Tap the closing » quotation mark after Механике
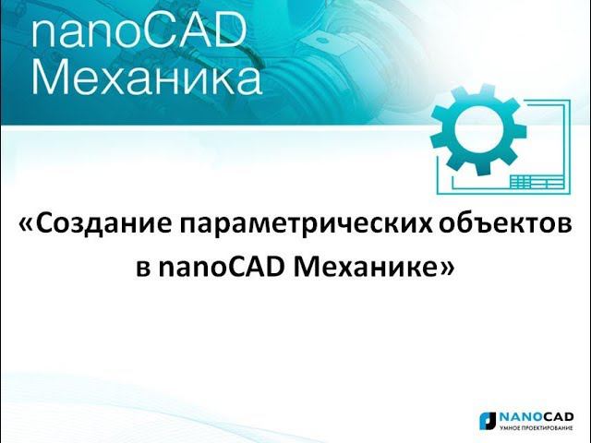pyautogui.click(x=449, y=268)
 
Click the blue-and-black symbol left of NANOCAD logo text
pyautogui.click(x=487, y=420)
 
